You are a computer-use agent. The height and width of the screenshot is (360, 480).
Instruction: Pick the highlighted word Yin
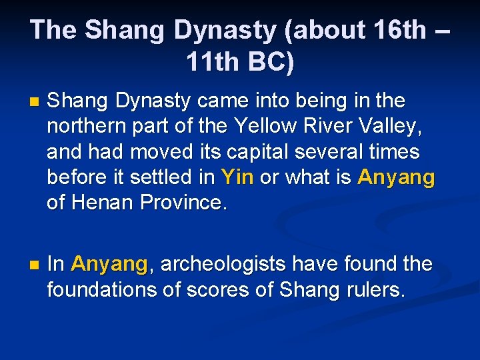click(237, 177)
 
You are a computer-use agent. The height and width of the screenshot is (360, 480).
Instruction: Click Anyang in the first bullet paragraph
click(396, 177)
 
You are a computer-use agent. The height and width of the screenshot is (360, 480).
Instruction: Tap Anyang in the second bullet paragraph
click(109, 264)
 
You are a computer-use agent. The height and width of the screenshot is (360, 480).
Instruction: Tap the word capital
click(258, 152)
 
